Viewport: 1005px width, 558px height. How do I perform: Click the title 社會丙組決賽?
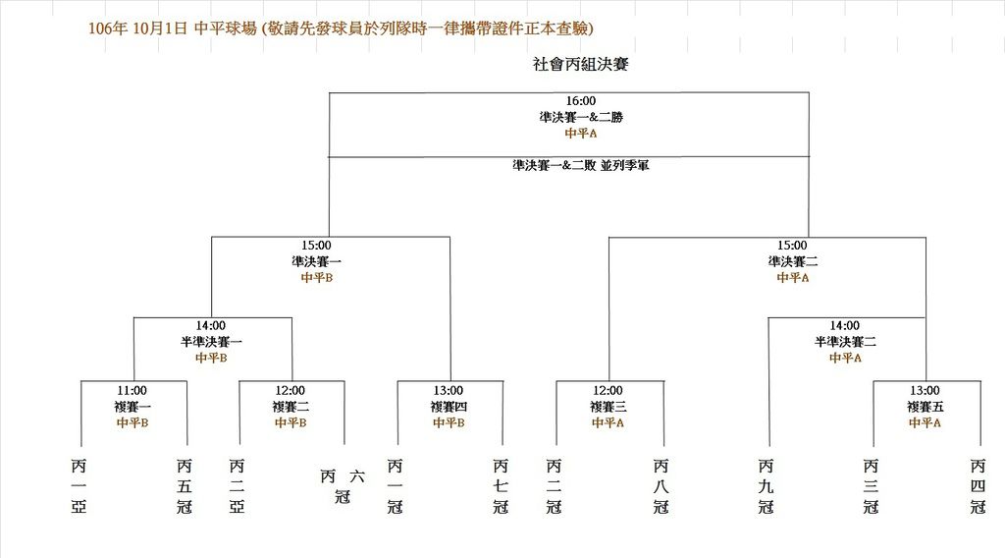tap(581, 64)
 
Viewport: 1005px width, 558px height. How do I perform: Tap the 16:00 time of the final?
tap(581, 101)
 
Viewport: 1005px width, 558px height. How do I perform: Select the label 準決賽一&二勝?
tap(581, 117)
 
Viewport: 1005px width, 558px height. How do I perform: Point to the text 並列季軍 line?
tap(581, 165)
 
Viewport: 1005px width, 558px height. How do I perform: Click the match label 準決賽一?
tap(317, 261)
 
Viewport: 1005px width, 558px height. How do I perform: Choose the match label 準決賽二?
tap(793, 261)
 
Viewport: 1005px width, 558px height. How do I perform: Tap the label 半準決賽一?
tap(211, 342)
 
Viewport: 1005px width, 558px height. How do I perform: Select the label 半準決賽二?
tap(845, 342)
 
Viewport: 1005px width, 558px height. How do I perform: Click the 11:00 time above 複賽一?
tap(132, 391)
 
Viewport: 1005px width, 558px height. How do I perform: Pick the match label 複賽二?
tap(291, 407)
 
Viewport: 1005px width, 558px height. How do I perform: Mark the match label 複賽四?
tap(449, 407)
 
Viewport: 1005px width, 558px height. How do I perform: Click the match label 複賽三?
tap(608, 407)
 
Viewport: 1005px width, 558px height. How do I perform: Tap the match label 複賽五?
tap(925, 407)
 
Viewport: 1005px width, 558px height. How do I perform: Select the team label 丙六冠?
tap(343, 486)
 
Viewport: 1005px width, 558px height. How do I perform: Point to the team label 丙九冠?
tap(766, 486)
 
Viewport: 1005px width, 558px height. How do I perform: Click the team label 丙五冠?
tap(184, 486)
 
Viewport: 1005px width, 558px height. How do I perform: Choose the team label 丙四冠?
tap(978, 486)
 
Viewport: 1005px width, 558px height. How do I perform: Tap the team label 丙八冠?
tap(661, 486)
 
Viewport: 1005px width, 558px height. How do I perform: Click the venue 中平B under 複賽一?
tap(132, 422)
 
